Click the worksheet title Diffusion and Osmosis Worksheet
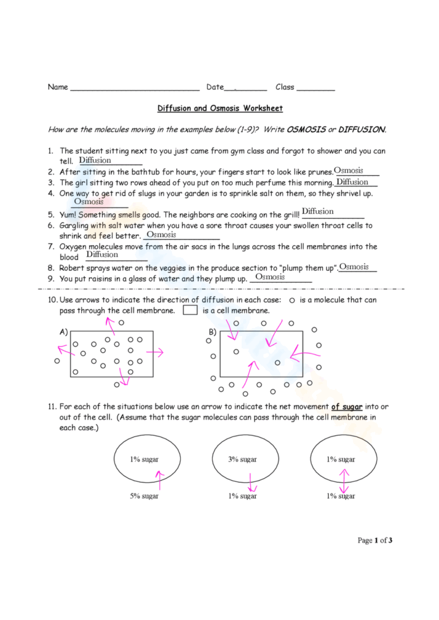[220, 108]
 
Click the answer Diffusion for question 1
[95, 160]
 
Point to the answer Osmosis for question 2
[348, 171]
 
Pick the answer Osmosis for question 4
[88, 202]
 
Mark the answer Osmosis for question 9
[269, 277]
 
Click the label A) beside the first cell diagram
[63, 332]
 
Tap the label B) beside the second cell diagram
[213, 332]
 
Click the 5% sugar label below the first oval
[144, 496]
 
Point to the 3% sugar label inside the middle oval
[242, 459]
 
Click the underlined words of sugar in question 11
[346, 407]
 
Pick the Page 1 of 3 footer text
[375, 540]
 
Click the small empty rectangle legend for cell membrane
[190, 311]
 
